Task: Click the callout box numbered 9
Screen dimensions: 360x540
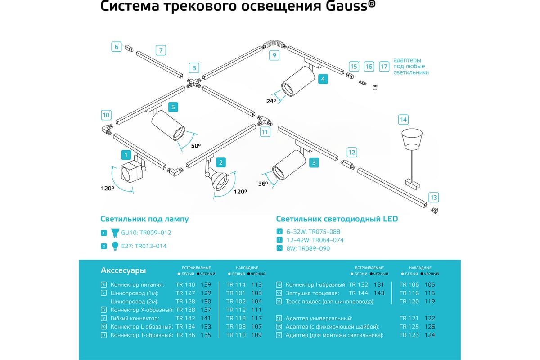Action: click(274, 56)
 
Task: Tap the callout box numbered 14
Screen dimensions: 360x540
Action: click(403, 120)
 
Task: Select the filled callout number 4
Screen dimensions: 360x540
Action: click(322, 79)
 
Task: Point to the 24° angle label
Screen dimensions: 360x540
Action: click(271, 101)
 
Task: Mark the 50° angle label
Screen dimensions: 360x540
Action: click(196, 146)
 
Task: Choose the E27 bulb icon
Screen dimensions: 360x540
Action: click(115, 246)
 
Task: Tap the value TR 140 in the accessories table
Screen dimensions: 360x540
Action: click(185, 284)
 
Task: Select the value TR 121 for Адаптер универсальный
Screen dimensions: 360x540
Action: click(409, 318)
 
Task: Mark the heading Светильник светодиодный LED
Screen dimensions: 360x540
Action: click(337, 219)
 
